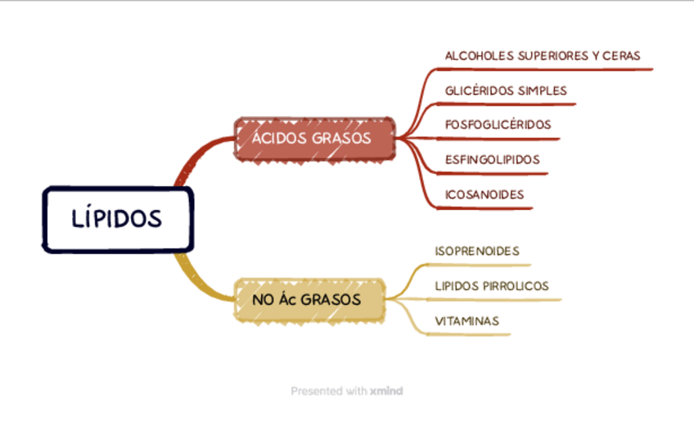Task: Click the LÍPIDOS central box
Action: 117,219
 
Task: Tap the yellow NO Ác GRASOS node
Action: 309,299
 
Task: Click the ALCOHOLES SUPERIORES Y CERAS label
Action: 542,56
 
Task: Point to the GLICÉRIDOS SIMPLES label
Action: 506,90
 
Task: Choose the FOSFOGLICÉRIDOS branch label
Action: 498,124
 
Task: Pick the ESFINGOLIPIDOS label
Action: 492,159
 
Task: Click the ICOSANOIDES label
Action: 484,194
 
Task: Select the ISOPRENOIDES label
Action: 476,251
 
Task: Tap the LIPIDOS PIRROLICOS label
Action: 491,286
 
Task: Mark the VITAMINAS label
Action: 466,321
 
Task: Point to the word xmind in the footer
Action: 387,391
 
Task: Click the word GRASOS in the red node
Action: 342,138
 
